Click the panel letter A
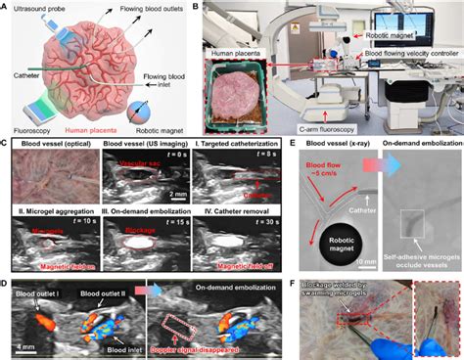[7, 7]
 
